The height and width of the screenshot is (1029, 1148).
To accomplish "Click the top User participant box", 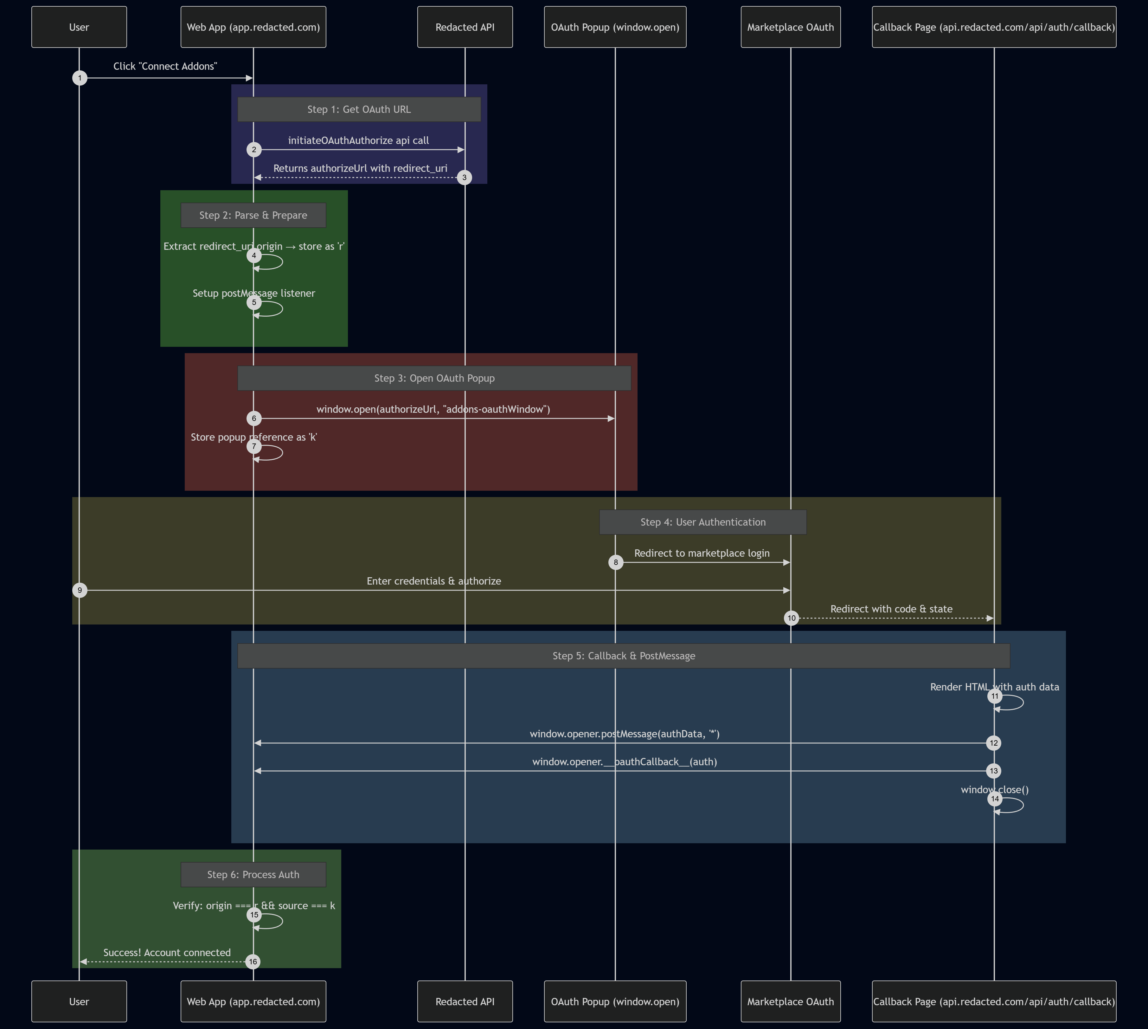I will pos(79,27).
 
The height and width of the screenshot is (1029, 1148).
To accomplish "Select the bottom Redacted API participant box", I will pos(465,1001).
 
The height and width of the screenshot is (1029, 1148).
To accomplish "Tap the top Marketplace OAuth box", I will pos(790,27).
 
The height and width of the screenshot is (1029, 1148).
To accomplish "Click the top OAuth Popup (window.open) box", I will pos(615,27).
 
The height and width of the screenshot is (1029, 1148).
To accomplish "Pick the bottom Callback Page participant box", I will pos(994,1001).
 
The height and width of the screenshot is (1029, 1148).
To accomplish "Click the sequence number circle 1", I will pos(80,78).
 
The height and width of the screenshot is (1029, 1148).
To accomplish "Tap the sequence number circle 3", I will pos(464,178).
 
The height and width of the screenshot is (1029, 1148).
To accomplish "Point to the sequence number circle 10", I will pos(791,618).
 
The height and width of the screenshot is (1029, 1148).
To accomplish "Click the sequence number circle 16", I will pos(253,962).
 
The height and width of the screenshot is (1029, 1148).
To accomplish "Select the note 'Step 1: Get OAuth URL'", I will pos(359,109).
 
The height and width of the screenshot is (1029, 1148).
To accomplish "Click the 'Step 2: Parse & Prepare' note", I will pos(253,216).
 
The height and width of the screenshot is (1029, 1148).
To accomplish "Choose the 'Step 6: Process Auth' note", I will pos(253,875).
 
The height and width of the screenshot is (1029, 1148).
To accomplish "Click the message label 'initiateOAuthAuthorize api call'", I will pos(358,140).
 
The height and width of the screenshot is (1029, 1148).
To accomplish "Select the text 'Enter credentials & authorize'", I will pos(433,581).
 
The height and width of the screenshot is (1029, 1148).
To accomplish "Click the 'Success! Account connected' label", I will pos(167,953).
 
